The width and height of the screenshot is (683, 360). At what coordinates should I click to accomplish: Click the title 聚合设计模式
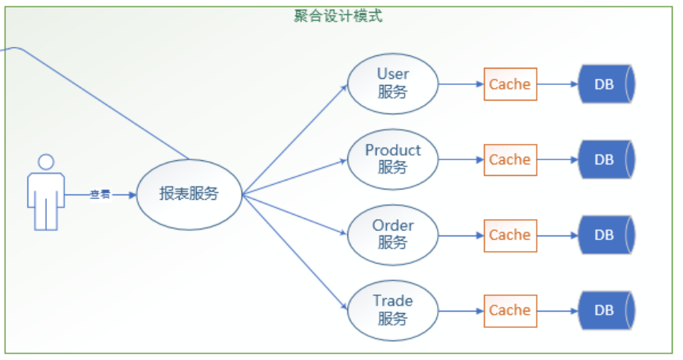pos(338,16)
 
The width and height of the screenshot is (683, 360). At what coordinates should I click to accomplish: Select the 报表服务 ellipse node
pos(189,195)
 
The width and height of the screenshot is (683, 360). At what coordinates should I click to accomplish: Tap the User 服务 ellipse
pos(393,83)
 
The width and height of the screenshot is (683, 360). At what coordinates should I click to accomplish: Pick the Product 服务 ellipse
pos(393,159)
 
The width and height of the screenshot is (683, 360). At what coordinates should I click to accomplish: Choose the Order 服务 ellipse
pos(393,234)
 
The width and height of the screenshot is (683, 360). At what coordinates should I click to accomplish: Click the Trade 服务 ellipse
pos(393,309)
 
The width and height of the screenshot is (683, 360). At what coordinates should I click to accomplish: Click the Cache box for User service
pos(510,84)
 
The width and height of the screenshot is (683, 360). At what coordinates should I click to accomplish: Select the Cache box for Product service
pos(510,160)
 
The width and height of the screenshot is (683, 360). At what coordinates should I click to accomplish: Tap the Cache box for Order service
pos(510,235)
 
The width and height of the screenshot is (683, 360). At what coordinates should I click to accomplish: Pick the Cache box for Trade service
pos(510,310)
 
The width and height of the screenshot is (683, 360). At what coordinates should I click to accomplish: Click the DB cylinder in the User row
pos(605,84)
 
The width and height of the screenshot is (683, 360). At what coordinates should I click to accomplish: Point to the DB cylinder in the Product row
pos(605,160)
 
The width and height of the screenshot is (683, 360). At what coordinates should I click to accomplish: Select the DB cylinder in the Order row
pos(605,235)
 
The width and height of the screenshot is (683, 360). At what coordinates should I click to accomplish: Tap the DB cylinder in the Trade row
pos(605,310)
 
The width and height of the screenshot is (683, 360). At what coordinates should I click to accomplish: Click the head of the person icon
pos(46,162)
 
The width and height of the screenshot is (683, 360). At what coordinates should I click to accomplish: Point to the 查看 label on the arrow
pos(100,195)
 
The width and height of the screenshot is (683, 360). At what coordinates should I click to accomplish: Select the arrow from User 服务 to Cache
pos(461,84)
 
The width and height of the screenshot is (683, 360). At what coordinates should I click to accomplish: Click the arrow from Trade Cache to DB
pos(558,310)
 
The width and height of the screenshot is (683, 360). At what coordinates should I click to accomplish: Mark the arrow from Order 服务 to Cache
pos(461,235)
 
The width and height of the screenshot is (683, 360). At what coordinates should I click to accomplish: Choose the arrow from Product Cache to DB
pos(558,160)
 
